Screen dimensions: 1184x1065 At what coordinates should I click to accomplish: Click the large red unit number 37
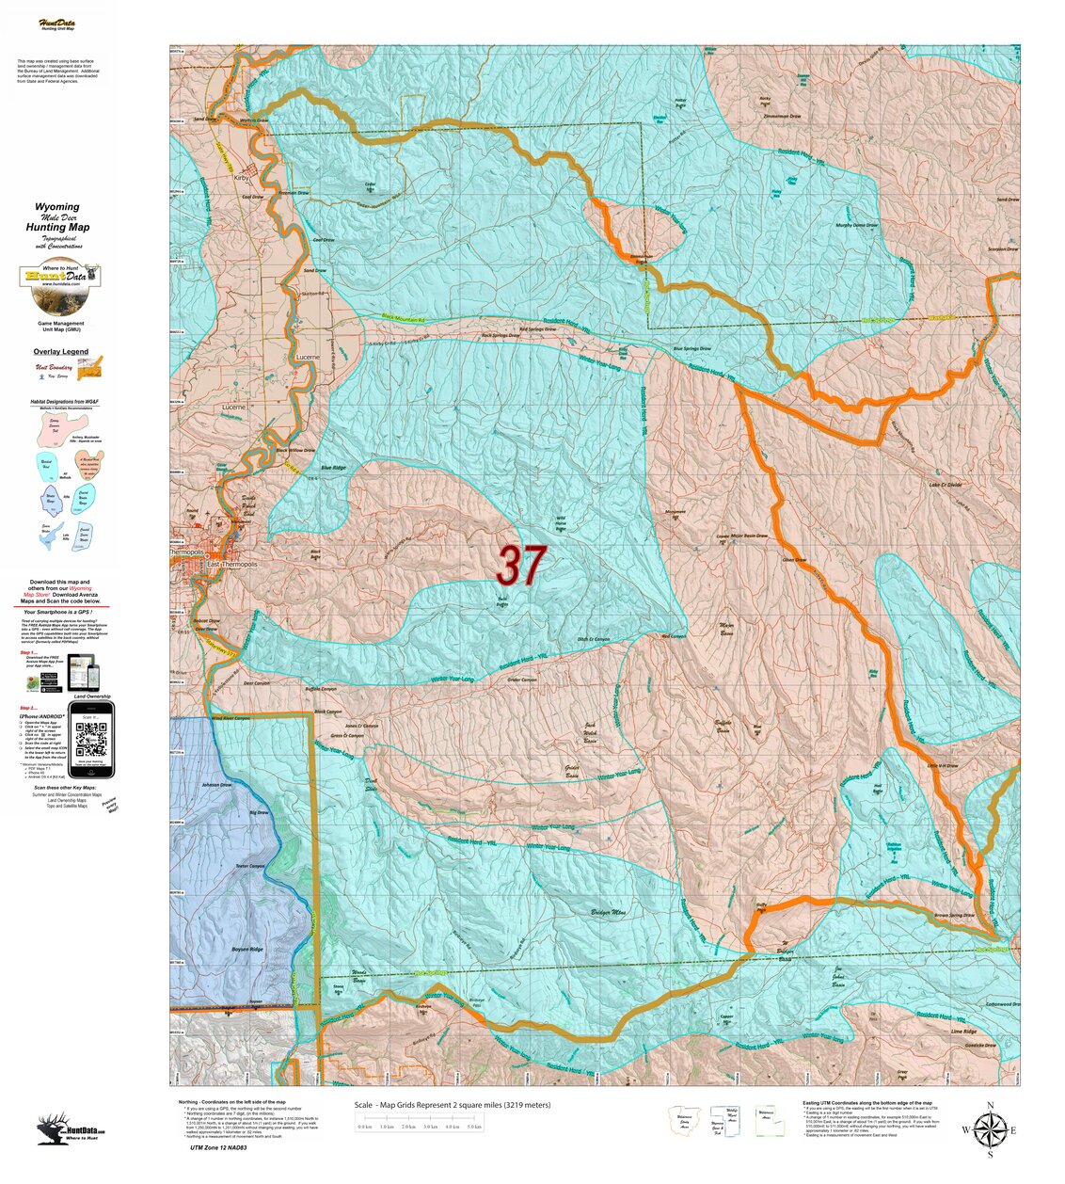520,565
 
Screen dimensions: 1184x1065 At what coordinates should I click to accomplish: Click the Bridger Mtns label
609,912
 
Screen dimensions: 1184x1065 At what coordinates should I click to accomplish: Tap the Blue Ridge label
333,468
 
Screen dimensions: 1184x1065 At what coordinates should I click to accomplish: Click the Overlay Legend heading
62,352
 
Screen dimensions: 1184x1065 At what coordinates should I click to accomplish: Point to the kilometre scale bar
420,1126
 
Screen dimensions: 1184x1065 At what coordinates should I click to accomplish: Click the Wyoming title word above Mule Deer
57,206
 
